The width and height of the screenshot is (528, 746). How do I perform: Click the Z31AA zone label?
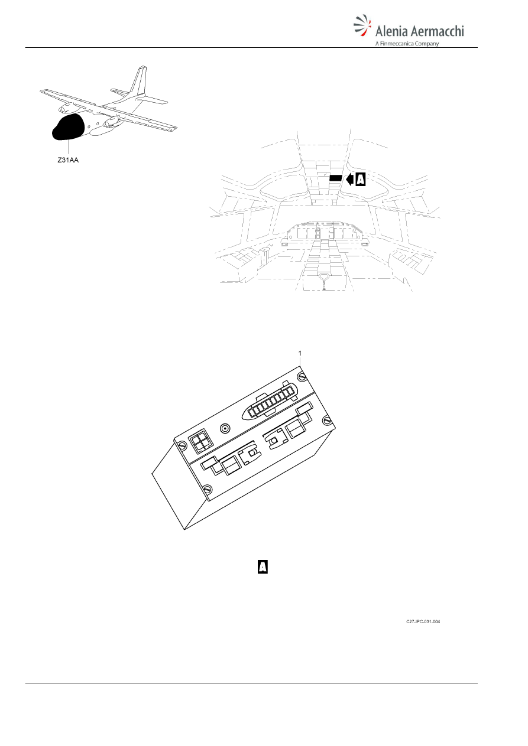[x=68, y=160]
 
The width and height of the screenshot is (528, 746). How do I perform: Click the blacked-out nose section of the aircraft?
[x=67, y=127]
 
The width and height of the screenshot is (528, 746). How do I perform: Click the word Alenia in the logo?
[x=391, y=31]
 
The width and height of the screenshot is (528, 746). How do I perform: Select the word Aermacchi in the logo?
[x=437, y=31]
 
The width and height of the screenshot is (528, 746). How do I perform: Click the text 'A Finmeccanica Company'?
[x=407, y=43]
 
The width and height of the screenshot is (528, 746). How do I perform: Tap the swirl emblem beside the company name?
[x=362, y=25]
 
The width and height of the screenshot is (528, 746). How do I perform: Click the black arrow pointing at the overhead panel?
[x=349, y=180]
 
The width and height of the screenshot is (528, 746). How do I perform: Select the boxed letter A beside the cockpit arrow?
[x=360, y=180]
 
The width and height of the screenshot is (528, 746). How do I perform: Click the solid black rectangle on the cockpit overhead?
[x=336, y=178]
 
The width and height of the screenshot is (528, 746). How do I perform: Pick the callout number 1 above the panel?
[x=300, y=353]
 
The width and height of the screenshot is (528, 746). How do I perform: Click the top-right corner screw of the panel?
[x=303, y=376]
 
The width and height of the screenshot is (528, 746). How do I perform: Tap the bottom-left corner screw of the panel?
[x=208, y=489]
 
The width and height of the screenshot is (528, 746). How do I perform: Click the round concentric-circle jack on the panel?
[x=225, y=429]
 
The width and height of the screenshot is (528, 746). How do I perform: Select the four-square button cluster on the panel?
[x=201, y=442]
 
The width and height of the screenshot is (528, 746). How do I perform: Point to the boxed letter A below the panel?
[x=263, y=566]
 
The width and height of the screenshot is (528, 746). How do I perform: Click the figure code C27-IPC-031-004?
[x=423, y=621]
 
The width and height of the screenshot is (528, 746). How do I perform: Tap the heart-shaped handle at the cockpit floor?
[x=324, y=276]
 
